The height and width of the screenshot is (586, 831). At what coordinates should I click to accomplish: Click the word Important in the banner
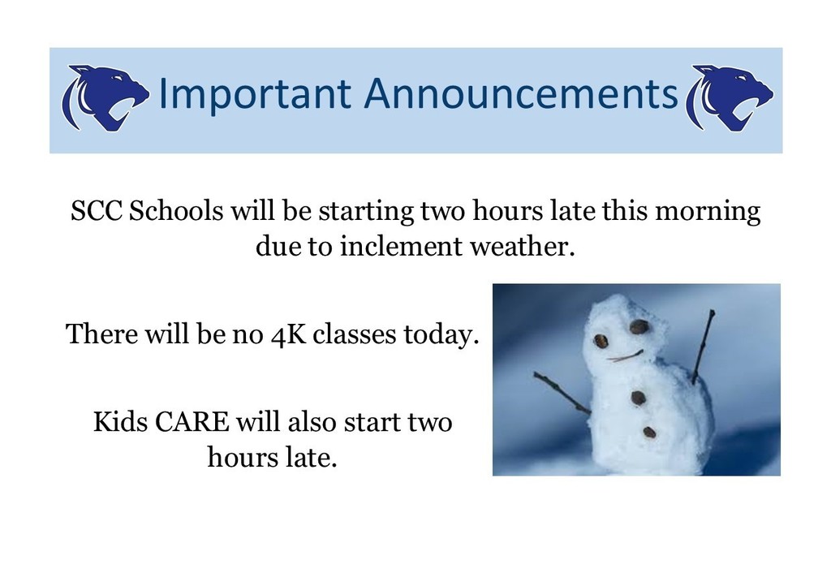point(255,94)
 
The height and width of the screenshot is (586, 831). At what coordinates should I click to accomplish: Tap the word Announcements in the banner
point(520,93)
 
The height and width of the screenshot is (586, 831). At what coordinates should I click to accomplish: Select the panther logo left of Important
point(105,98)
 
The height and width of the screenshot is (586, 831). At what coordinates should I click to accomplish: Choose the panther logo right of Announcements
point(730,98)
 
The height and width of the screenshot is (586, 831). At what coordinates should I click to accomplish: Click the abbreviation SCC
point(97,211)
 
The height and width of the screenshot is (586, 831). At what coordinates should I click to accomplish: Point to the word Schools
point(176,211)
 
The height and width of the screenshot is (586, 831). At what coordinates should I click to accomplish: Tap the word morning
point(708,212)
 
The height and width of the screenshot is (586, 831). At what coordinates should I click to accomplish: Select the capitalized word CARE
point(192,422)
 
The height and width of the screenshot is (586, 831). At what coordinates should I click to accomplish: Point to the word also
point(312,422)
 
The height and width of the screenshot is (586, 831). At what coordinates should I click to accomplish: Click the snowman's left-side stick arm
point(562,393)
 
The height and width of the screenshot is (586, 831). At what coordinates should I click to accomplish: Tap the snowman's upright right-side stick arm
point(704,347)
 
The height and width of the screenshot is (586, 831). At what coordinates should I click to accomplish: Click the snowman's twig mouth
point(625,356)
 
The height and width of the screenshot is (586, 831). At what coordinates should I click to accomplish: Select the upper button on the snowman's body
point(638,398)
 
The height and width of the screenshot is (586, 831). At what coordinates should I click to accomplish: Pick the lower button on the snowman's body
point(650,433)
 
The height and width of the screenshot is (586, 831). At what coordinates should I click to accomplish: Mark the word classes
point(355,334)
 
